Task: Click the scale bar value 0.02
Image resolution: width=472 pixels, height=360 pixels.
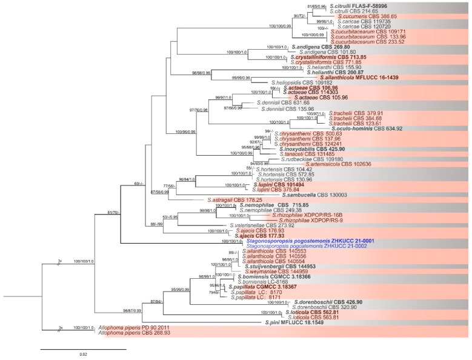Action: pyautogui.click(x=84, y=355)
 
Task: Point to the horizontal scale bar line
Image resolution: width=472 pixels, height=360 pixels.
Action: pyautogui.click(x=84, y=349)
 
